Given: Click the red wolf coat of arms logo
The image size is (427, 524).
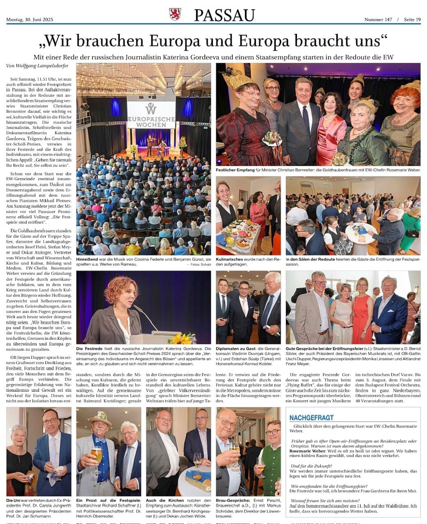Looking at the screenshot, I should (175, 14).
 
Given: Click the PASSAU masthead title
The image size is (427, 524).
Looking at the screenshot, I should (224, 15).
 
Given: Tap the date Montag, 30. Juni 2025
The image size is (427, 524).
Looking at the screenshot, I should (30, 20).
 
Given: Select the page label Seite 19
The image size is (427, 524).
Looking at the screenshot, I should (412, 20).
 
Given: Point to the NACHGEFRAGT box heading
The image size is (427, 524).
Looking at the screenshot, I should (311, 418).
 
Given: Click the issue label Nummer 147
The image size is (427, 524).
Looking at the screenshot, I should (378, 20).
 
